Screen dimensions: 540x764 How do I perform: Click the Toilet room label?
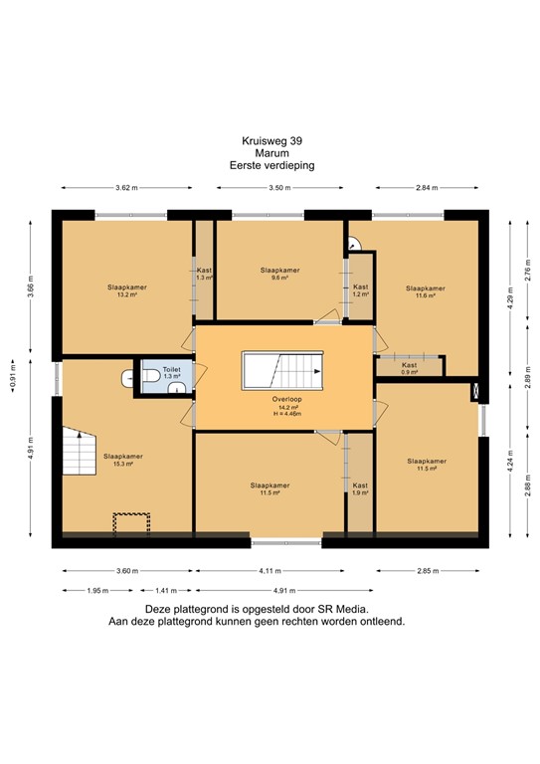(171, 370)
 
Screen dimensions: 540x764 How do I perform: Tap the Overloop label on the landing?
(286, 399)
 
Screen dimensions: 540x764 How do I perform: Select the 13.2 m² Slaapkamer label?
(127, 290)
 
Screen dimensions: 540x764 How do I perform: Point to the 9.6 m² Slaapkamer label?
(279, 274)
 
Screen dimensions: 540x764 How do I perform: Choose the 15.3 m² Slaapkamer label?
(123, 460)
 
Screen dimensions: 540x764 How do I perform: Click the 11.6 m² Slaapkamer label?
(426, 291)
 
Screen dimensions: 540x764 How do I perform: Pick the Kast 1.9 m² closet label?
(360, 488)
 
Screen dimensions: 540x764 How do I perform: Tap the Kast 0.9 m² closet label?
(409, 368)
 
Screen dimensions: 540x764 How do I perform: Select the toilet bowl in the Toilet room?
(152, 376)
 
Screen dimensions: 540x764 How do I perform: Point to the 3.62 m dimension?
(126, 188)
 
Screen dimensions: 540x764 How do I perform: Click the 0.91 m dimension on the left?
(13, 375)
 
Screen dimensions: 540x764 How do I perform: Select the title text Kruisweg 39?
(272, 141)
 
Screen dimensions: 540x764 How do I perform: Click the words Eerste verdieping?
(272, 165)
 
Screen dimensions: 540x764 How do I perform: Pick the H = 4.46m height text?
(287, 414)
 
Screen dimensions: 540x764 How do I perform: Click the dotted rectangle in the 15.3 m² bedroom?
(131, 524)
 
